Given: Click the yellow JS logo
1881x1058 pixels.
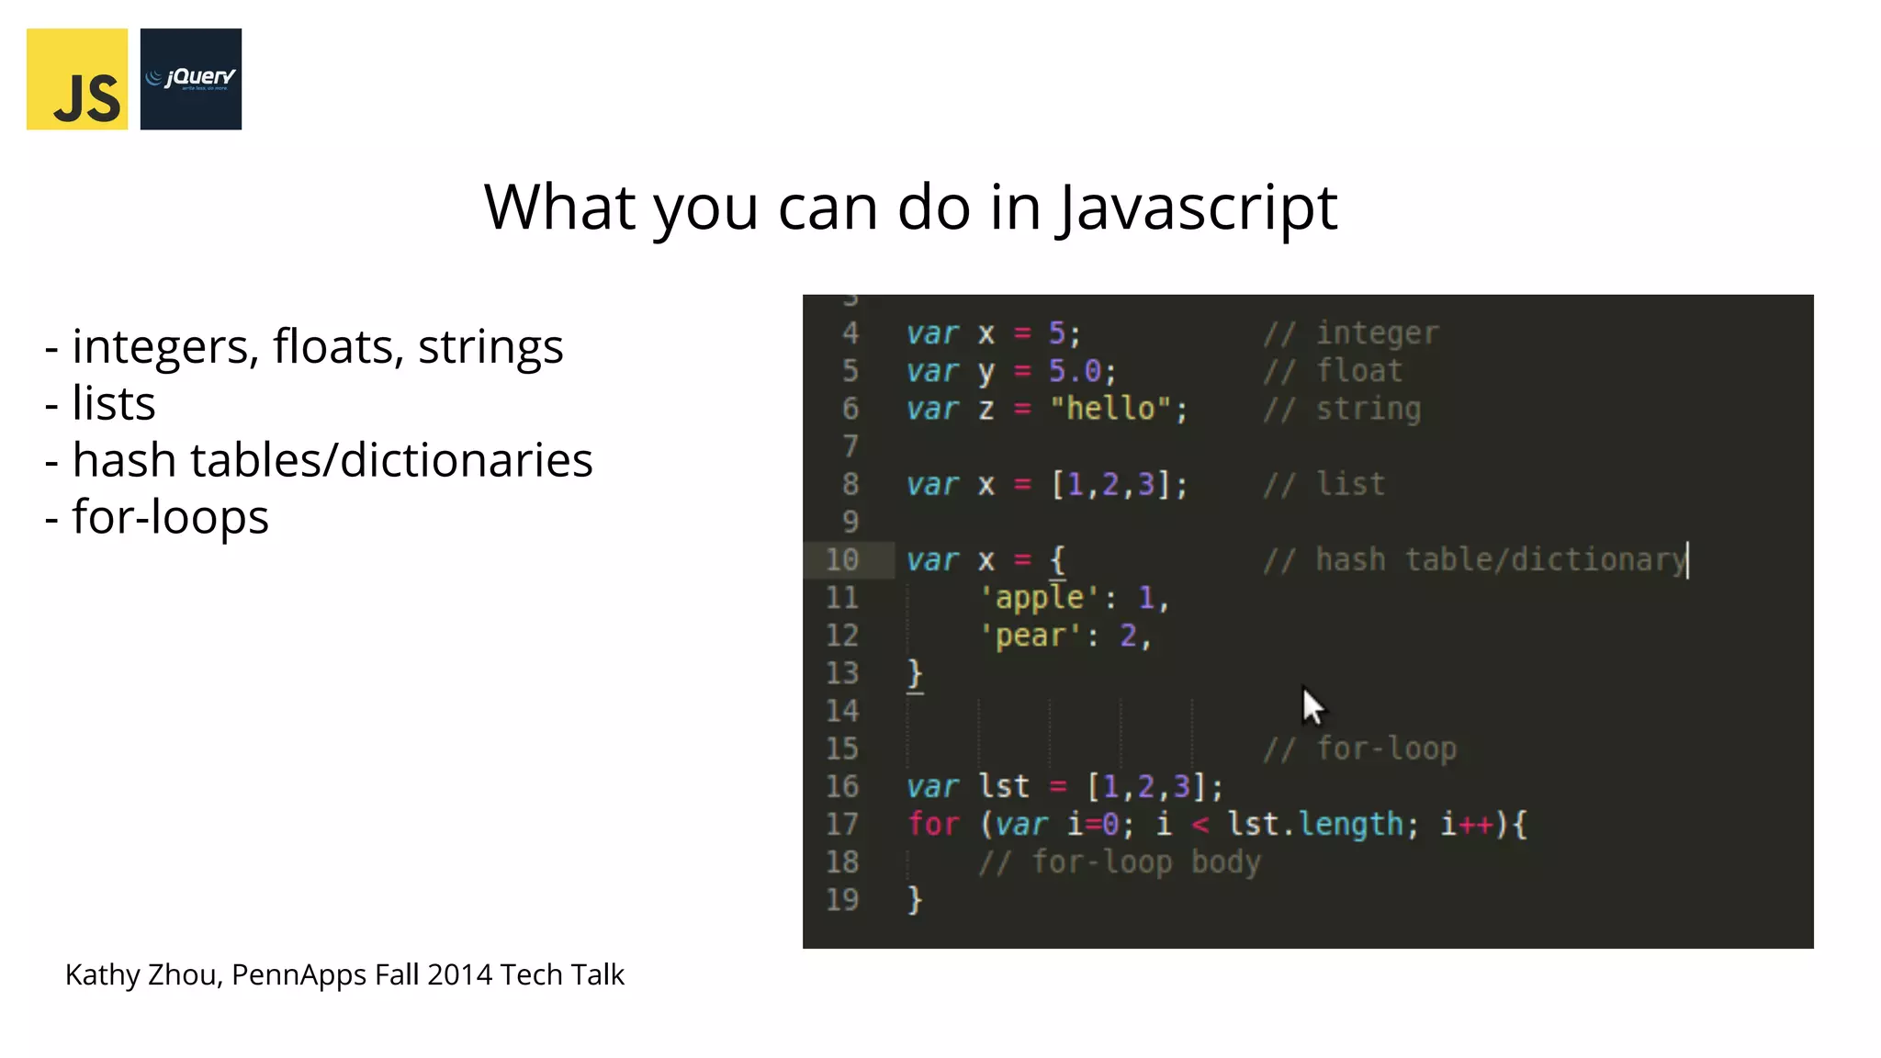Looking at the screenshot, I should coord(77,79).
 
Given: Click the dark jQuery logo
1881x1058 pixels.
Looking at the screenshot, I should coord(191,79).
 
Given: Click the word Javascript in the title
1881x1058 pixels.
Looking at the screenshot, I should coord(1197,208).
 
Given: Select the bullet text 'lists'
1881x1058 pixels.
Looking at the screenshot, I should coord(114,403).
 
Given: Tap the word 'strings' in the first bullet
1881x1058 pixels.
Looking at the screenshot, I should coord(490,347).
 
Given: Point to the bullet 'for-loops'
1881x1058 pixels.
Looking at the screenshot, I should coord(170,516).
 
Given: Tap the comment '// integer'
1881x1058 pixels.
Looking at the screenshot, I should coord(1351,333).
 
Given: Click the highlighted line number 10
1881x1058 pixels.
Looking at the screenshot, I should coord(841,560).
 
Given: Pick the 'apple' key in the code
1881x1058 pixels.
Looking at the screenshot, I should coord(1039,598).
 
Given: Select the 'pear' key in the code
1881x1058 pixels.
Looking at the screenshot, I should coord(1030,636).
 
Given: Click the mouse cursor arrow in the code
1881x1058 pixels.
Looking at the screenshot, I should coord(1312,705).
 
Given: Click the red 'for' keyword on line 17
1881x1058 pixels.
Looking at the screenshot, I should coord(933,824).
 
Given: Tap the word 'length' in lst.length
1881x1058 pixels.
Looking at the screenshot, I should coord(1350,824).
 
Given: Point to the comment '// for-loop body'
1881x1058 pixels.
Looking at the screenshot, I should coord(1119,862).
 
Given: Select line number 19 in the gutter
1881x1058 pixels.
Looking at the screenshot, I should coord(841,900).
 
